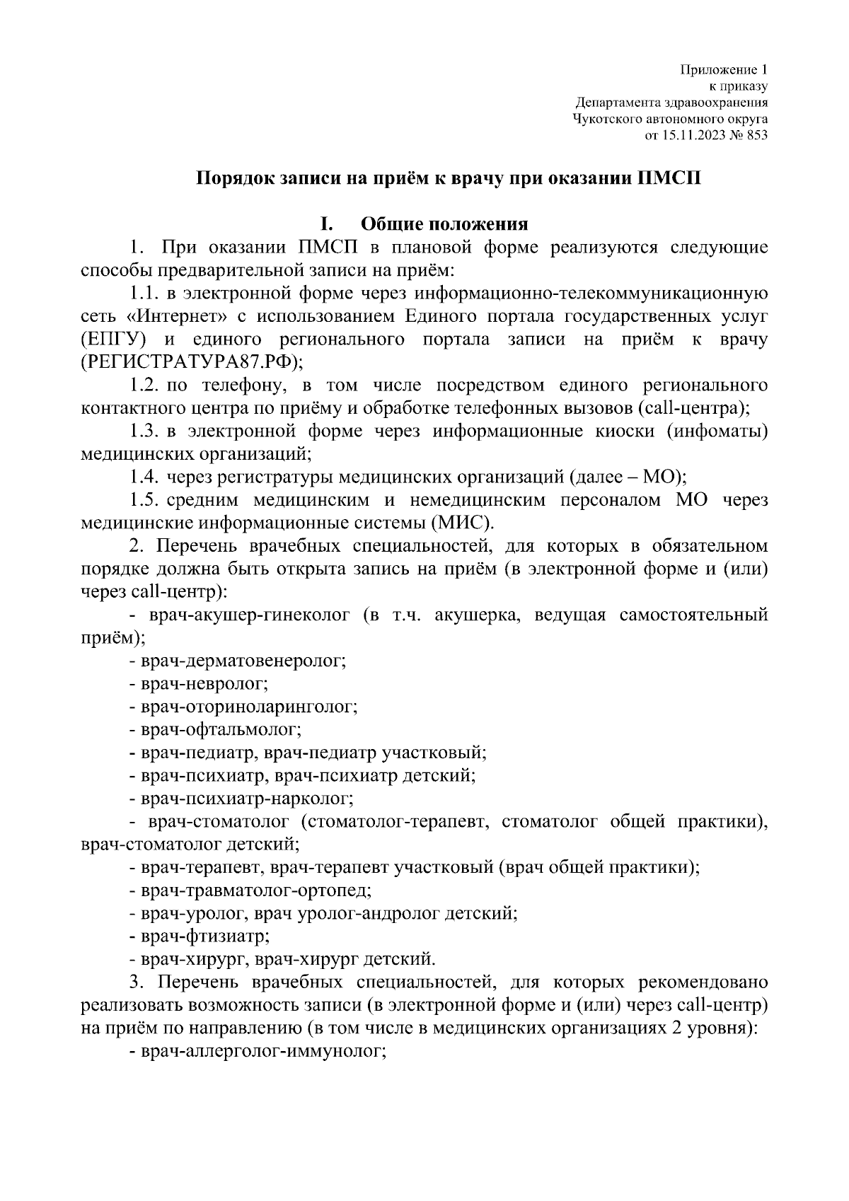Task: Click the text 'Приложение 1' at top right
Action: (724, 70)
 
